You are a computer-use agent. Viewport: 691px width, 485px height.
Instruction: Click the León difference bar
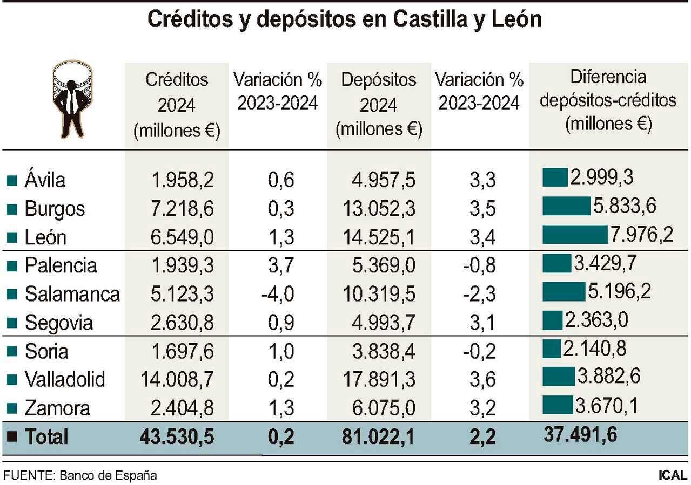575,235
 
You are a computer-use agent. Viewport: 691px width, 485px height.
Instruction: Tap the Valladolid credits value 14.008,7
177,380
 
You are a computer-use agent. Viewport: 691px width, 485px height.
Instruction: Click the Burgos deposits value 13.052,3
379,209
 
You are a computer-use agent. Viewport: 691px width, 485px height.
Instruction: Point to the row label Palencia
61,265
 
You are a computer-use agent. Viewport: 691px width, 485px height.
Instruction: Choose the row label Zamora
57,408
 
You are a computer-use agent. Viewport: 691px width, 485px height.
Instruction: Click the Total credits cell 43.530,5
177,436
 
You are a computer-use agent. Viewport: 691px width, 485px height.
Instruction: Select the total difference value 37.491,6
581,433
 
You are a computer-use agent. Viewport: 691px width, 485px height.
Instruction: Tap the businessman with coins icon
71,99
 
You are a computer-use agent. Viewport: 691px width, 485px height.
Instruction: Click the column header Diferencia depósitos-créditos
608,101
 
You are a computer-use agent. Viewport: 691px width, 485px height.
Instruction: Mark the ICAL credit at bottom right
673,475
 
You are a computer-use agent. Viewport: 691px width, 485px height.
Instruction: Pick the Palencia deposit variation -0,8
479,266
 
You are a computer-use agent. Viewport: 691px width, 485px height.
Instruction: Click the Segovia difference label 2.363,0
596,320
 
